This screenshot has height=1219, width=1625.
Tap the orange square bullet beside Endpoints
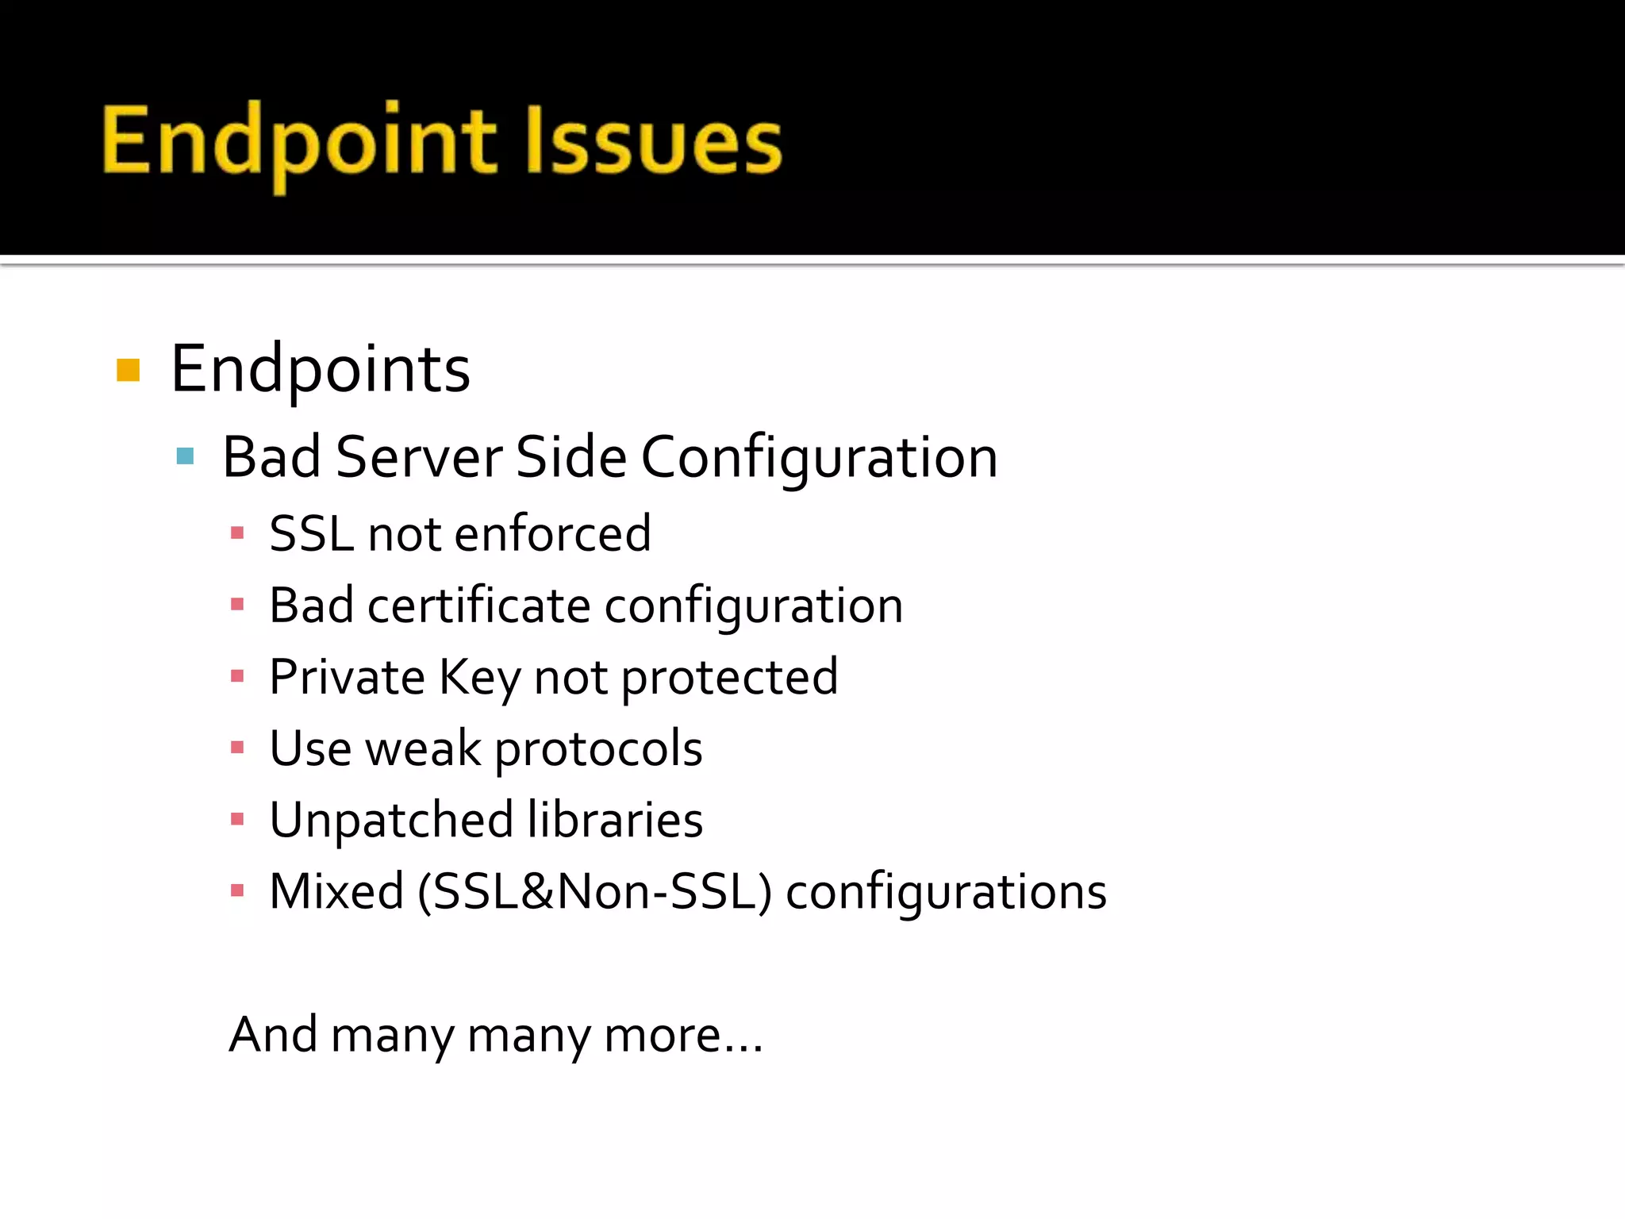tap(128, 370)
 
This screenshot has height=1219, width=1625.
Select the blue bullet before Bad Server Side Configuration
tap(186, 456)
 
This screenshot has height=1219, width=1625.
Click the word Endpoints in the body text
tap(321, 370)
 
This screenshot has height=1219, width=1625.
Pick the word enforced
tap(553, 533)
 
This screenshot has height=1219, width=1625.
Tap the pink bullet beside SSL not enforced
tap(237, 533)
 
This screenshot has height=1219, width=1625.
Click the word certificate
tap(478, 606)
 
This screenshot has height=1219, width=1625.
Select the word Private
tap(348, 678)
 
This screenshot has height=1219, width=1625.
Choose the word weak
tap(423, 749)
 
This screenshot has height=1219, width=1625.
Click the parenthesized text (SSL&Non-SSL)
tap(594, 892)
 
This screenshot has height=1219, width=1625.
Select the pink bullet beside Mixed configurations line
tap(237, 890)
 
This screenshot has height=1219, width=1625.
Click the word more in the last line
tap(663, 1036)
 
